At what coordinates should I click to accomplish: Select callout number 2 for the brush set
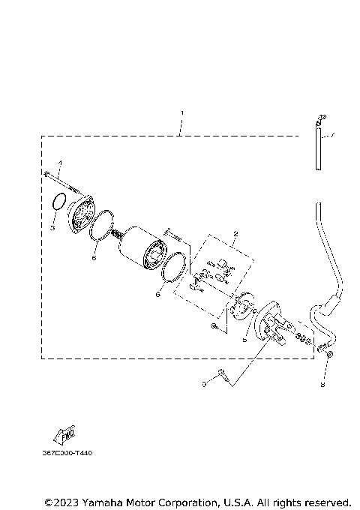(235, 233)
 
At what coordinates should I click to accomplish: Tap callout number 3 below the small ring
(53, 226)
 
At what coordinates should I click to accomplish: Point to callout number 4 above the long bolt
(61, 163)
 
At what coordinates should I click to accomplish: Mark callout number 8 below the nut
(322, 387)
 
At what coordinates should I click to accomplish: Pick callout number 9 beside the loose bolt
(203, 385)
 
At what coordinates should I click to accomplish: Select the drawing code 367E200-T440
(69, 454)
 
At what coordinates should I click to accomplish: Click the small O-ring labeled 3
(58, 203)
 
